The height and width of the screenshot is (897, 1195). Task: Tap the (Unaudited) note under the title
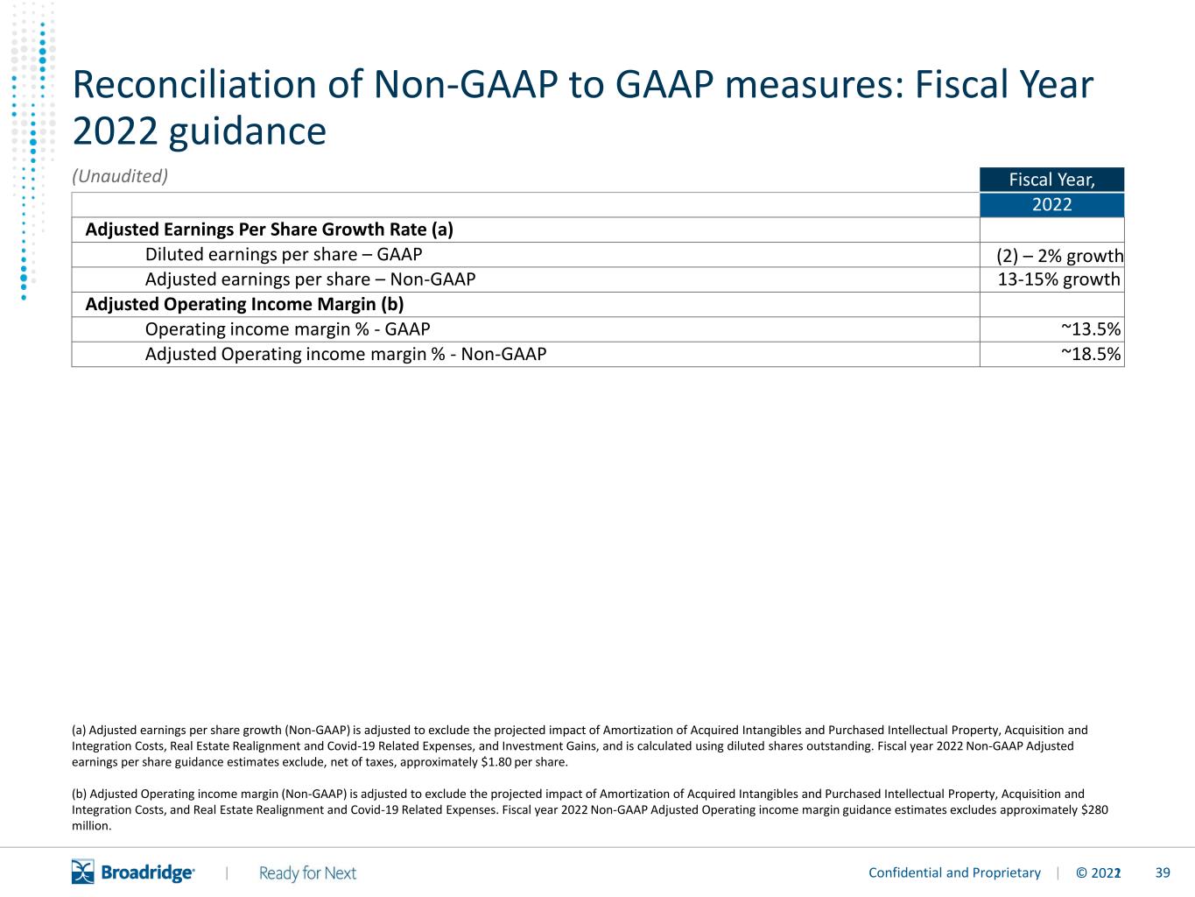(120, 176)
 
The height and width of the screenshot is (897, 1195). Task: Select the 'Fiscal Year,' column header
(1051, 180)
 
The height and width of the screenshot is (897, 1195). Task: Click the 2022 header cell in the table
(1051, 205)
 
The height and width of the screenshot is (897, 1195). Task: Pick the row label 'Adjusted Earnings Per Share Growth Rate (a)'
(269, 230)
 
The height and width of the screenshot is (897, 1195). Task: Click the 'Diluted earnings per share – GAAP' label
(284, 254)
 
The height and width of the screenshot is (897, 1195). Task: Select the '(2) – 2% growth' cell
(1059, 256)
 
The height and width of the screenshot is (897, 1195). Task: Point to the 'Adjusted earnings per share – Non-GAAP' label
(310, 279)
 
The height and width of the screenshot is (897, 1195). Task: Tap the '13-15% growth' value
(1058, 279)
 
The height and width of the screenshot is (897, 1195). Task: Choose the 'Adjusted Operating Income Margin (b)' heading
(244, 304)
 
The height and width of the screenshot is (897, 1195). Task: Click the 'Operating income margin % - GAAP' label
(287, 329)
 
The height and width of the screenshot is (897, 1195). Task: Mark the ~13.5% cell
(1091, 329)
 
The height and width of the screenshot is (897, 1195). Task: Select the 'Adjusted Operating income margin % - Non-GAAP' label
(345, 354)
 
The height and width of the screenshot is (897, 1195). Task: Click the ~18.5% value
(1091, 354)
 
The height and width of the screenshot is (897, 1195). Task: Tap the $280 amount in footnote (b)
(1094, 810)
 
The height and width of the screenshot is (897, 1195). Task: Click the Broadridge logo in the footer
(133, 872)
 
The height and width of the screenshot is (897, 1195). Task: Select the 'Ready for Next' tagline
(307, 873)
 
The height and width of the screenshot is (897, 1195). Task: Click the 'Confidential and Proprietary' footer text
(954, 872)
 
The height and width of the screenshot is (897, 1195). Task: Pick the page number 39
(1163, 872)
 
